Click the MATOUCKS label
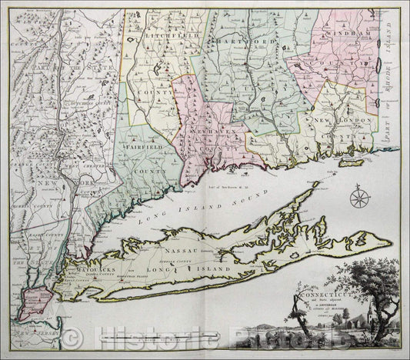click(x=96, y=272)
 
